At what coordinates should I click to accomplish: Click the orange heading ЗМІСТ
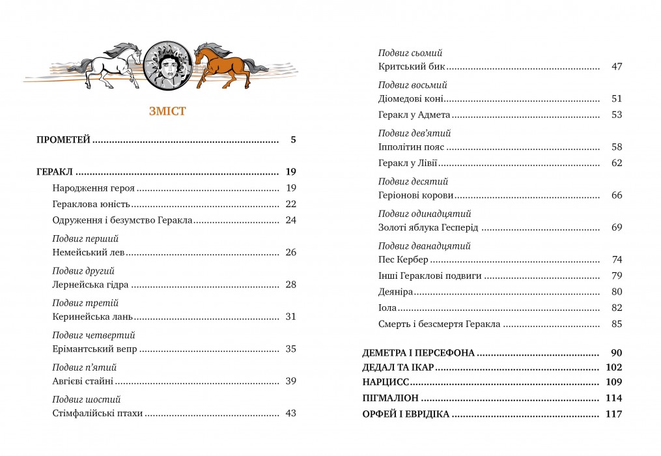[167, 111]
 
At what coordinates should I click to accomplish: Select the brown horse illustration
[225, 65]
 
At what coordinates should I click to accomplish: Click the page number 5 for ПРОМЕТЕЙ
[293, 139]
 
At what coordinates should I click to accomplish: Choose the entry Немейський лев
[87, 252]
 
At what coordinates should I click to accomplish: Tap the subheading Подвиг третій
[85, 303]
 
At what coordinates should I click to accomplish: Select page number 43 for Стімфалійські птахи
[290, 413]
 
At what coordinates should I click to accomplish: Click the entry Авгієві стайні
[83, 381]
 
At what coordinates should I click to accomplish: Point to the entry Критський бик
[411, 66]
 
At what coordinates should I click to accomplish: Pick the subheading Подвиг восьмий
[413, 85]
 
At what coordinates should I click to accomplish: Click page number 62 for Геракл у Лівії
[617, 163]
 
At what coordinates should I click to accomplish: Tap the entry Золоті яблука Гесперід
[428, 227]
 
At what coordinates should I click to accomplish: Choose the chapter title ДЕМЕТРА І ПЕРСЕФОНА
[418, 353]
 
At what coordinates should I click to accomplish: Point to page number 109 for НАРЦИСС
[614, 382]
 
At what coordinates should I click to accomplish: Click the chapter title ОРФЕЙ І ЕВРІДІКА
[406, 414]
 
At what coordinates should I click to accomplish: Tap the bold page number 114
[614, 398]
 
